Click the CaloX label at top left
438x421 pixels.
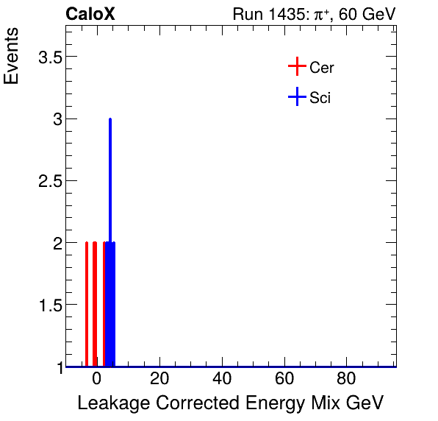click(90, 14)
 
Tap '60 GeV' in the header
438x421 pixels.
click(367, 14)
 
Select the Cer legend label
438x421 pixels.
click(322, 68)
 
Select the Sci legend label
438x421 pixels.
click(320, 97)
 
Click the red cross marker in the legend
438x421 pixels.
click(296, 67)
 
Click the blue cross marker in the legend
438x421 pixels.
click(296, 96)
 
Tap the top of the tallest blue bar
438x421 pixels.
click(109, 120)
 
